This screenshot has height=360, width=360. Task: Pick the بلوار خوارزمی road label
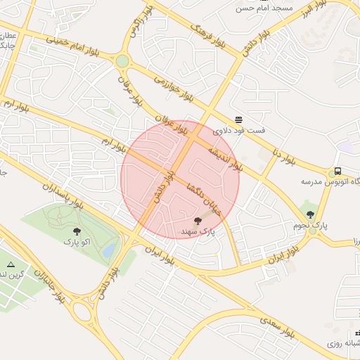[x=167, y=84]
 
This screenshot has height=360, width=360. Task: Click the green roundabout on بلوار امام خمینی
[x=122, y=61]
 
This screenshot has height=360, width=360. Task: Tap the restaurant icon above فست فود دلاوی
[x=239, y=119]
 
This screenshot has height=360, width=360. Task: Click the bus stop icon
[x=337, y=171]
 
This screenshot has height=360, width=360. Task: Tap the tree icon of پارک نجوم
[x=310, y=214]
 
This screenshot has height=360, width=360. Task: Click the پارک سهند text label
[x=197, y=231]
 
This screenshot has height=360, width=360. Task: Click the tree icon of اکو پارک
[x=77, y=231]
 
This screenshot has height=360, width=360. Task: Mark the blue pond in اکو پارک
[x=108, y=250]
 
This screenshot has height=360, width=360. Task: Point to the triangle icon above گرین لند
[x=10, y=264]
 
